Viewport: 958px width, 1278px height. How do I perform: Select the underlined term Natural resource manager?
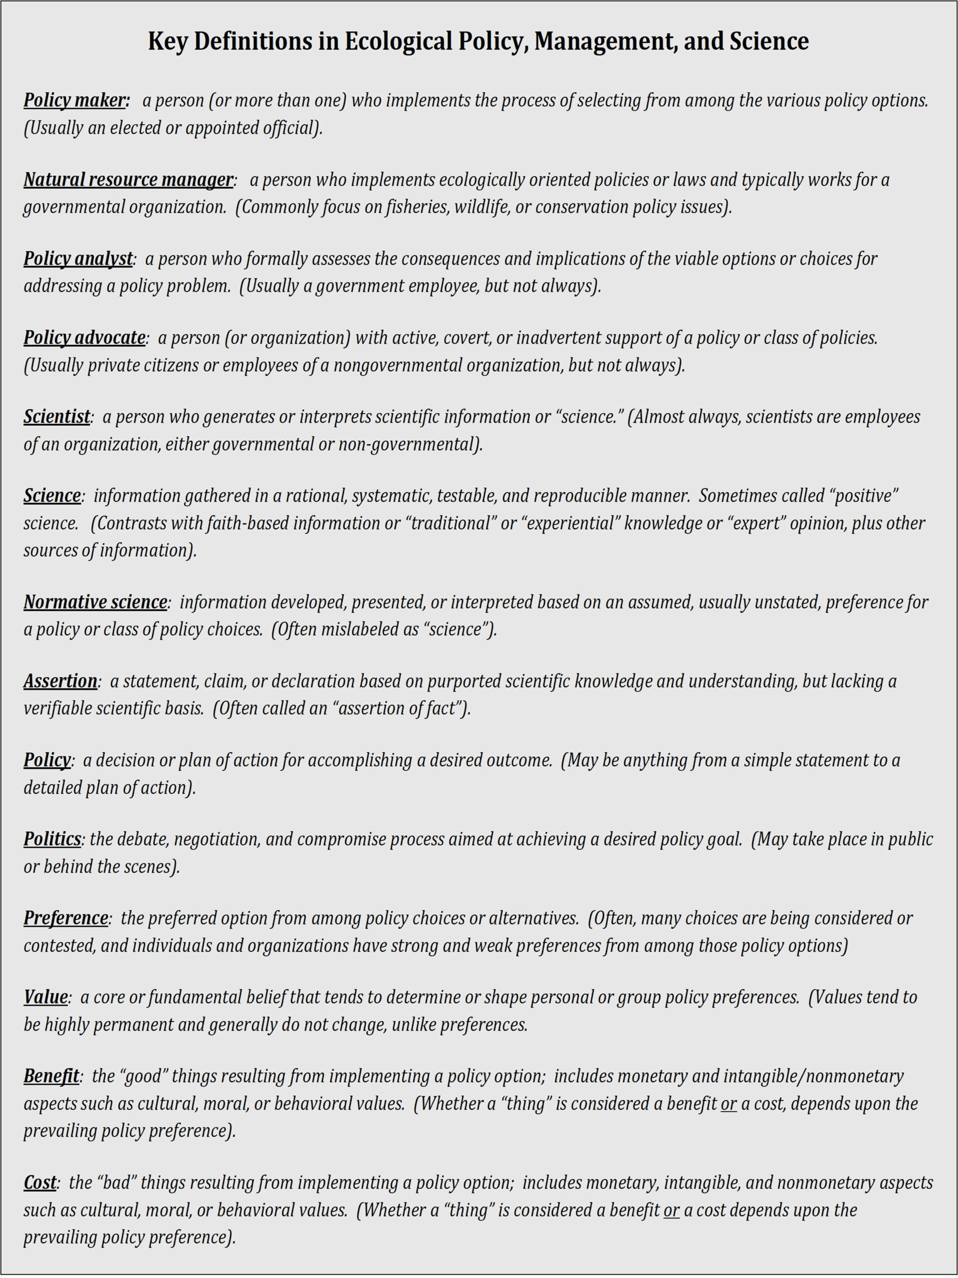pyautogui.click(x=128, y=180)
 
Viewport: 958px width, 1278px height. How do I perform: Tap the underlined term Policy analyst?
pyautogui.click(x=78, y=259)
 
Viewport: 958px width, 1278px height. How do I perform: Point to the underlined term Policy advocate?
pyautogui.click(x=84, y=337)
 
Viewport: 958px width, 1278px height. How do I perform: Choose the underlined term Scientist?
pyautogui.click(x=56, y=416)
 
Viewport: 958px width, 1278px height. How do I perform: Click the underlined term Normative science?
pyautogui.click(x=95, y=602)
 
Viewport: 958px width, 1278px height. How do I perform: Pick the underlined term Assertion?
pyautogui.click(x=60, y=681)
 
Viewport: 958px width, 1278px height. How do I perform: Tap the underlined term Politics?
pyautogui.click(x=52, y=839)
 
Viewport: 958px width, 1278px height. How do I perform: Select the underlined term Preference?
pyautogui.click(x=66, y=918)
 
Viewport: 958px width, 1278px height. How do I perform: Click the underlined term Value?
pyautogui.click(x=45, y=997)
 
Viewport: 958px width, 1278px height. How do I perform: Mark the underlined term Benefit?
pyautogui.click(x=51, y=1076)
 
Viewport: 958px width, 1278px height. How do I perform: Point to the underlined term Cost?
pyautogui.click(x=40, y=1183)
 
